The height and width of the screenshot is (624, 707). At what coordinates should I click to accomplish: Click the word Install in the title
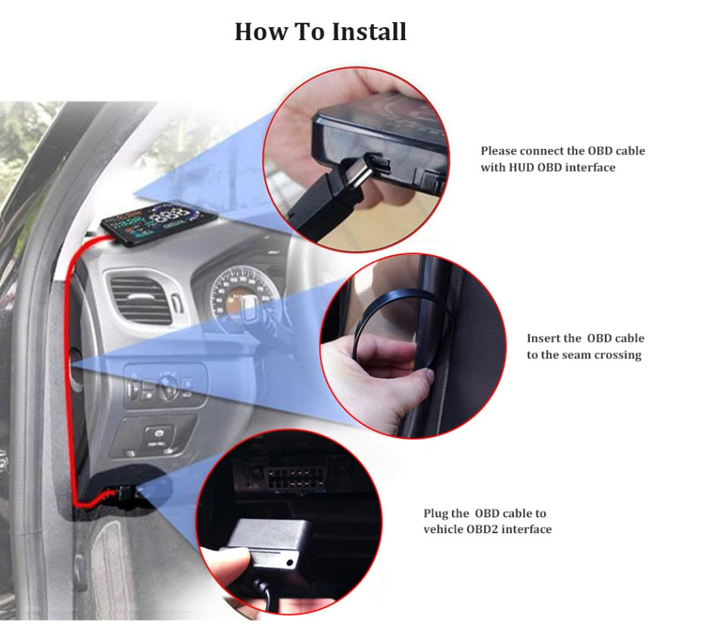pos(369,32)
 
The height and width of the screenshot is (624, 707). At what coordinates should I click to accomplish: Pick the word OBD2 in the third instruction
pos(482,529)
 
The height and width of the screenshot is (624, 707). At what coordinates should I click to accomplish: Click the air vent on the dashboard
pos(139,300)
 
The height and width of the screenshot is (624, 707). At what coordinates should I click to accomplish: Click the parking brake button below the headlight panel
pos(158,435)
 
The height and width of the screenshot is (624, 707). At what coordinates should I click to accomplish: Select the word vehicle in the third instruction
pos(443,529)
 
